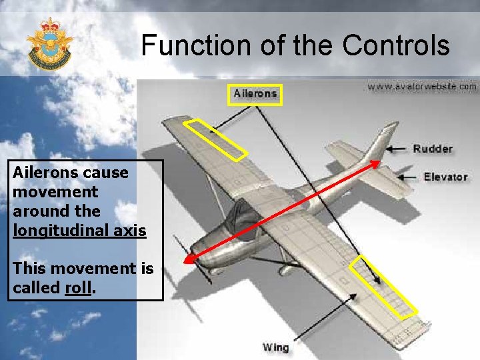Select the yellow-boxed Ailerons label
coord(255,94)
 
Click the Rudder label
coord(432,149)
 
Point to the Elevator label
coord(445,177)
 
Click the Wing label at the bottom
coord(275,347)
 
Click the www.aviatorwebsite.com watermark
coord(421,86)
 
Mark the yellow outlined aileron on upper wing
coord(215,139)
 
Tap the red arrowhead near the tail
coord(375,164)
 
